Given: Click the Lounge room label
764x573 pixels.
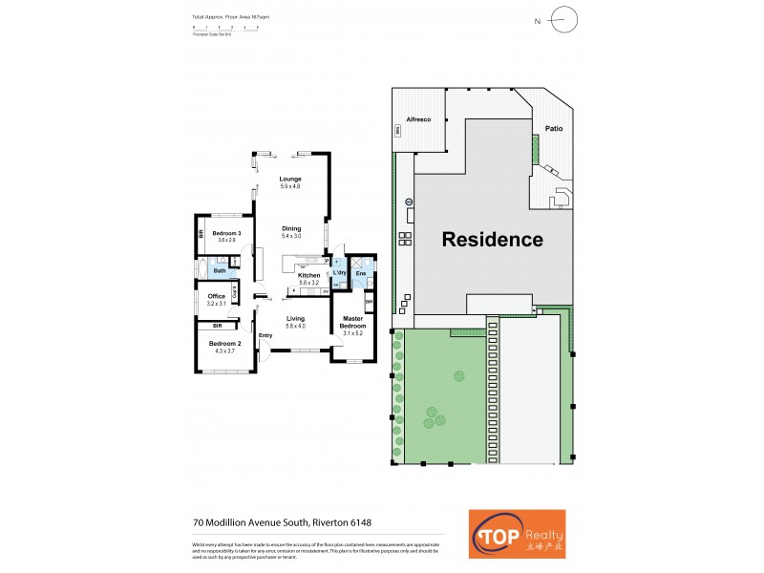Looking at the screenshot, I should (290, 180).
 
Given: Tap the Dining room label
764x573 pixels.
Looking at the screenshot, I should (290, 229).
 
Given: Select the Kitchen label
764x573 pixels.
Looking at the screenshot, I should (308, 276).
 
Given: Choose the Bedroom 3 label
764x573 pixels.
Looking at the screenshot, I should (226, 234).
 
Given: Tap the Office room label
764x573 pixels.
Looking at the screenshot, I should (217, 297).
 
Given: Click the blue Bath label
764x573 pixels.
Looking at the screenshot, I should (220, 271).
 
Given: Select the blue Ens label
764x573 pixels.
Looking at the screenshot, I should (360, 275).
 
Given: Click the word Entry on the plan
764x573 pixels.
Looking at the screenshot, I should (265, 335).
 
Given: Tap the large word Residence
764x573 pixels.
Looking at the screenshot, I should (492, 240).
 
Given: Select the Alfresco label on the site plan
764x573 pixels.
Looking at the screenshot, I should (421, 118).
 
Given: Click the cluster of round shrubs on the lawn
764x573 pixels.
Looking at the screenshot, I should (435, 416).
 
